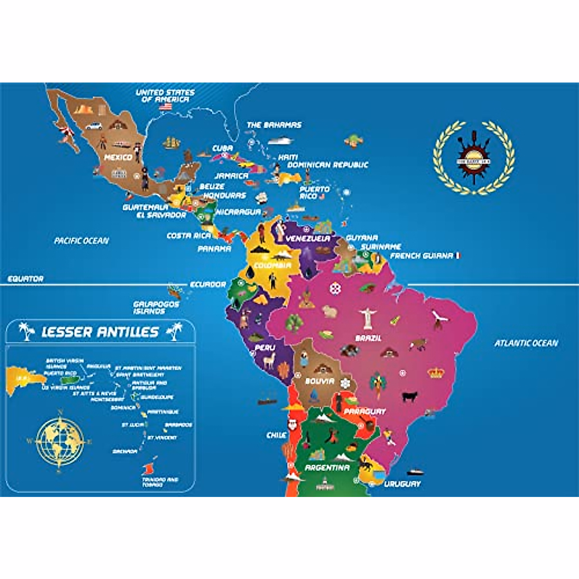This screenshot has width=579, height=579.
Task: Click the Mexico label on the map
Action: (x=118, y=157)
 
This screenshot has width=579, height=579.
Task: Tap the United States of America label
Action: (x=165, y=96)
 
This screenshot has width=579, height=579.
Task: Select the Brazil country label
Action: (x=368, y=338)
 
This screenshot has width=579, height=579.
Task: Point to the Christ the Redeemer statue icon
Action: (x=367, y=318)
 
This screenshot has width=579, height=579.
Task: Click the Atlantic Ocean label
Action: (x=526, y=343)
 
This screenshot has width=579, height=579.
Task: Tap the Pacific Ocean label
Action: (x=82, y=240)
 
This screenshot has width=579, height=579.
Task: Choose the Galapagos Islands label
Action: (x=149, y=308)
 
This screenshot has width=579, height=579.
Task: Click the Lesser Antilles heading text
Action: (x=100, y=332)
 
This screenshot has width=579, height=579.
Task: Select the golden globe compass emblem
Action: (x=59, y=440)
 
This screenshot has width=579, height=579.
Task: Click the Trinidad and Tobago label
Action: (x=160, y=482)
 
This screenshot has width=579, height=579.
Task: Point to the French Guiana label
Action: (x=422, y=256)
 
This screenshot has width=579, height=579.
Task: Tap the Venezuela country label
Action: (x=308, y=238)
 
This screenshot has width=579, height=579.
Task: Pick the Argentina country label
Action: (x=327, y=468)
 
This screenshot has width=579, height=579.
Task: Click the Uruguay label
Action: (x=402, y=483)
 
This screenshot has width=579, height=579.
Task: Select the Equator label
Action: (x=26, y=279)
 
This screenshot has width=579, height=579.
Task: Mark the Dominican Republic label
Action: (x=328, y=165)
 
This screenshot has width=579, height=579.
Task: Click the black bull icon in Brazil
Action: (x=410, y=396)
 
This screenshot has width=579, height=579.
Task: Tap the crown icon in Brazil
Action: (x=436, y=372)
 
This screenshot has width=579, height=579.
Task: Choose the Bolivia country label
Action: (x=319, y=381)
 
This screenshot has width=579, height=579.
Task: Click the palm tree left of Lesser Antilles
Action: (x=27, y=331)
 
